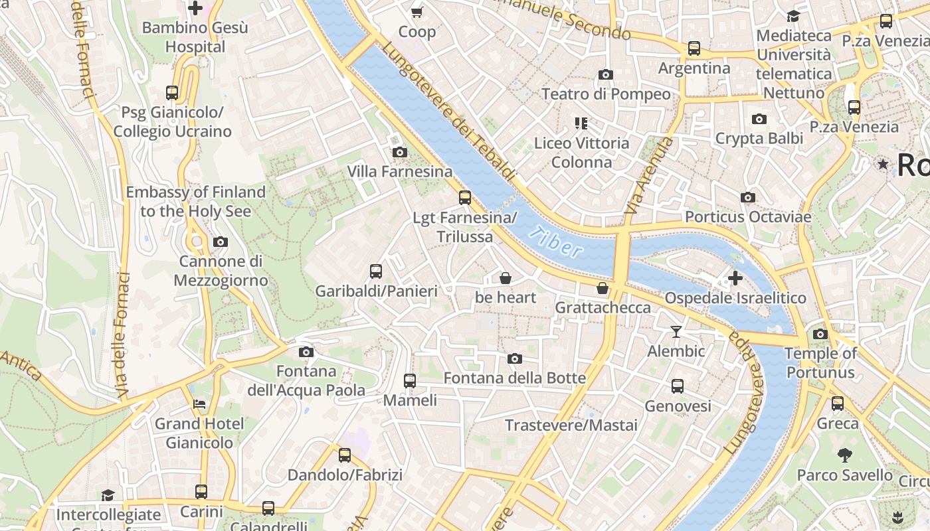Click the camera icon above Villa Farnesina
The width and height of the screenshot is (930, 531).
click(x=399, y=153)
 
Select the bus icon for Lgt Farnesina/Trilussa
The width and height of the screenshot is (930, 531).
click(x=465, y=198)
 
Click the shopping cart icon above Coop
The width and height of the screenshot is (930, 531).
click(x=417, y=12)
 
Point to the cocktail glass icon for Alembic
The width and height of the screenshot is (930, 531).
click(x=676, y=331)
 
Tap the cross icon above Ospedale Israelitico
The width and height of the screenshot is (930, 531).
click(x=735, y=278)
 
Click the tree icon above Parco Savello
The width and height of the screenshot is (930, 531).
click(x=844, y=455)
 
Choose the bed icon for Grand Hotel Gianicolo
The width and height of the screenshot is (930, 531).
click(x=199, y=404)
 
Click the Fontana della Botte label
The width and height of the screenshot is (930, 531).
click(x=515, y=378)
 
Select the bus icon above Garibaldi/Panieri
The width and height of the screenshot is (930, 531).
click(x=376, y=271)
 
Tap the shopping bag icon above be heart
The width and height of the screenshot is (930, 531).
click(x=506, y=277)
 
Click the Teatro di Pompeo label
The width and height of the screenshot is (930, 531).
click(x=606, y=94)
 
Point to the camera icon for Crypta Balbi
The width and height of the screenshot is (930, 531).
click(x=759, y=119)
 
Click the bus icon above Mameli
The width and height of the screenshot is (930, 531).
click(x=410, y=380)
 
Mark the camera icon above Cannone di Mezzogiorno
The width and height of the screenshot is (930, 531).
click(x=221, y=242)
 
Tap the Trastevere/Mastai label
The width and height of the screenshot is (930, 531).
click(x=571, y=425)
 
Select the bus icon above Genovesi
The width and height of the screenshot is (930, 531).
click(x=678, y=386)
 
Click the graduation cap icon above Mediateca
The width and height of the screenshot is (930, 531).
click(x=793, y=16)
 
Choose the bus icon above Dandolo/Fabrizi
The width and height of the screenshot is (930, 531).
click(x=345, y=455)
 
